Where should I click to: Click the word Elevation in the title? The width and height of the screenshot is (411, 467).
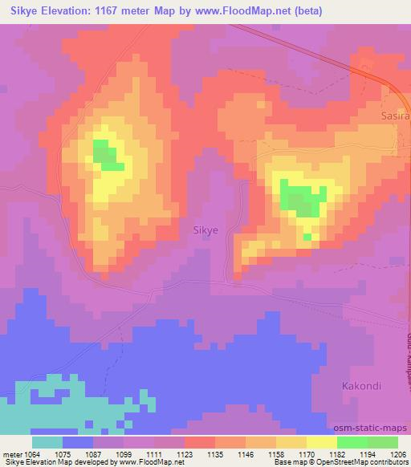pyautogui.click(x=77, y=10)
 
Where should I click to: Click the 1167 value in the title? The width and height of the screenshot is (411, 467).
pyautogui.click(x=128, y=10)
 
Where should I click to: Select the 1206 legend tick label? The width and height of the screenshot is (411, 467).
pyautogui.click(x=398, y=453)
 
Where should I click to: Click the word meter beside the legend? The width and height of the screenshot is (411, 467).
pyautogui.click(x=14, y=453)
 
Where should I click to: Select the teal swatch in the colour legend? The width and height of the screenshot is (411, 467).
pyautogui.click(x=47, y=442)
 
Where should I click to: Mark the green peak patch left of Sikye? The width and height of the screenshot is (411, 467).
pyautogui.click(x=107, y=154)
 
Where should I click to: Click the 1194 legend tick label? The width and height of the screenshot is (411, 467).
pyautogui.click(x=368, y=453)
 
